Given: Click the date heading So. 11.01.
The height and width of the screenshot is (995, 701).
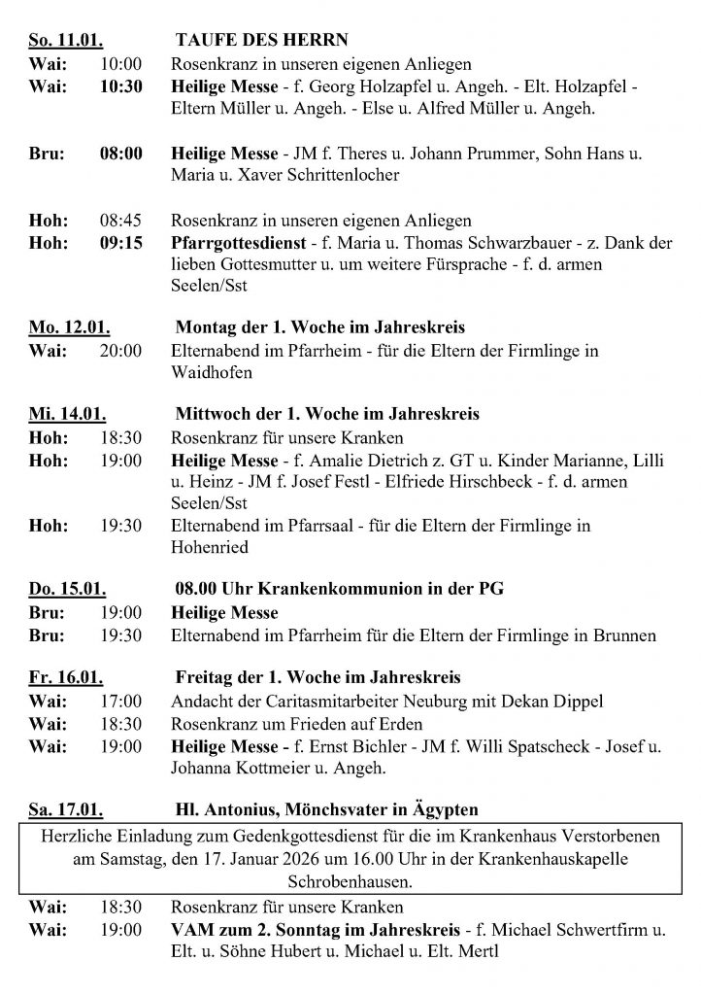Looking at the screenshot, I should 67,41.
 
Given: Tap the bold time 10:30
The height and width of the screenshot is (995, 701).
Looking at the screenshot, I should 121,86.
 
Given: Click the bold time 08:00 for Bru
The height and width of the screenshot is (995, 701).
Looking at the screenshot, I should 121,154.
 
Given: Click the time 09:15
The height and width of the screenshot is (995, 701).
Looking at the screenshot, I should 121,243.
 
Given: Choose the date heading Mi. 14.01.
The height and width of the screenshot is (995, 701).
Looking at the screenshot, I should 67,415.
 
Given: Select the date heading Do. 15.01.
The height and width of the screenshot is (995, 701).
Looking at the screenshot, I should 68,590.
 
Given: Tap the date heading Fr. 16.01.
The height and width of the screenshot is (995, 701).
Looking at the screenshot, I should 66,677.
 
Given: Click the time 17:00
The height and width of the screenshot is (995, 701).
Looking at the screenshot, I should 121,701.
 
